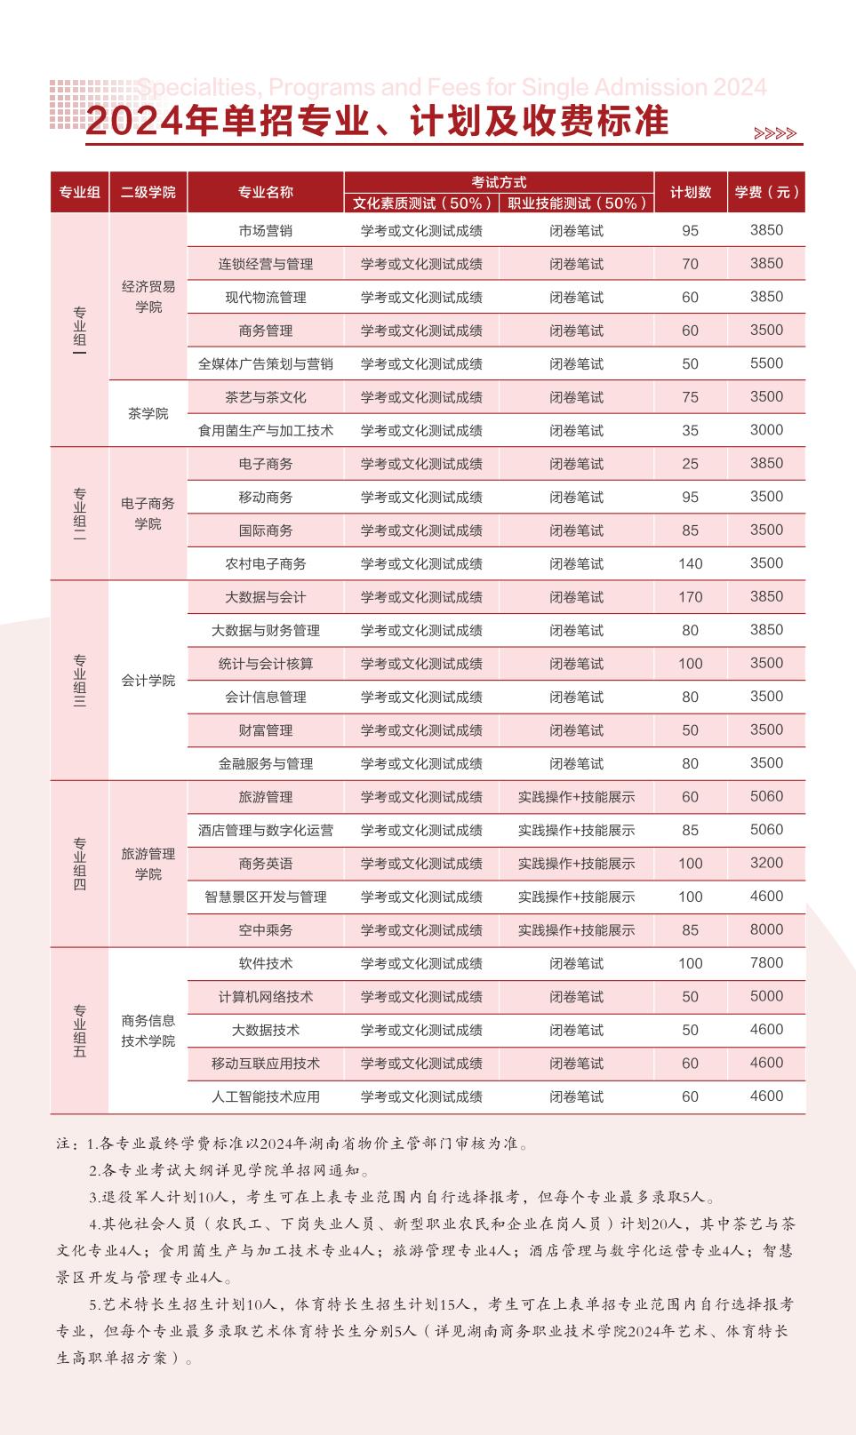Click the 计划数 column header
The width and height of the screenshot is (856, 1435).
click(691, 192)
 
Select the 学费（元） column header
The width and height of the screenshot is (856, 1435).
click(766, 192)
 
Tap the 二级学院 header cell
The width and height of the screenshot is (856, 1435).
click(148, 192)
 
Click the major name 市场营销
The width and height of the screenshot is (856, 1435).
click(265, 231)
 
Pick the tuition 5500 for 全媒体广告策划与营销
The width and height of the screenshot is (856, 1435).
click(766, 363)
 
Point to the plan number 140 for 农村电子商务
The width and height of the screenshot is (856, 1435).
click(691, 563)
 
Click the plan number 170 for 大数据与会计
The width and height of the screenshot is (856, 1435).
click(691, 597)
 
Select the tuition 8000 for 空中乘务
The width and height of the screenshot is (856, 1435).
click(766, 929)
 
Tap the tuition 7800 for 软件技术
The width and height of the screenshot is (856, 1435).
click(766, 963)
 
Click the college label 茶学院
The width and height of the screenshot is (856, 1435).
click(148, 414)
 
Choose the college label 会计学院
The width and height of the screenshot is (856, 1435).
click(148, 681)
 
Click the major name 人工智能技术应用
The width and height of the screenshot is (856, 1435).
click(265, 1096)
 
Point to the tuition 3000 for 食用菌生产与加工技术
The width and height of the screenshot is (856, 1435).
click(766, 430)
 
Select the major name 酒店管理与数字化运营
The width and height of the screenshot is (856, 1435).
click(265, 830)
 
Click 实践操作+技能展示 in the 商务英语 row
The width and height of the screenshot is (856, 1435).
click(576, 864)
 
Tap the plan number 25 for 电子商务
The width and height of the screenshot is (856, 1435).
click(691, 464)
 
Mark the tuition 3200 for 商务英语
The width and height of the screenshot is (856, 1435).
click(766, 863)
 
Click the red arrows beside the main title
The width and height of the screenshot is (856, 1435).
click(774, 134)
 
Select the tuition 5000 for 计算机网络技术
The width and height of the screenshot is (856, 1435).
click(766, 996)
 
